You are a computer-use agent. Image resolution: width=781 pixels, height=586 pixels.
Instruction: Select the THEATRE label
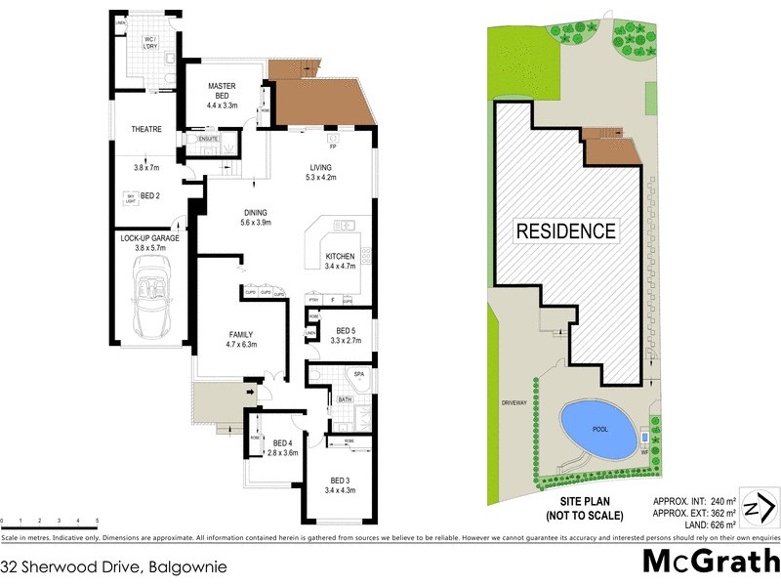[145, 129]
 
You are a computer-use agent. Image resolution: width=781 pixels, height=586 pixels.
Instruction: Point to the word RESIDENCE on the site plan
[566, 231]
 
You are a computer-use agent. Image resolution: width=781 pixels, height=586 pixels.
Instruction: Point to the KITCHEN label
[340, 257]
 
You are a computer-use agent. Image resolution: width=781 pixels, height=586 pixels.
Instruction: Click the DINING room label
[256, 213]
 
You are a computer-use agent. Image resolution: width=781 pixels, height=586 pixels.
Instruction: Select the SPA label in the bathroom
[358, 374]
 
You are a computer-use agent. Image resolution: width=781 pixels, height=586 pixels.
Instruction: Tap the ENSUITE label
[208, 140]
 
